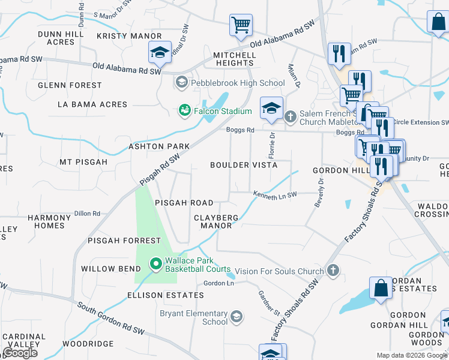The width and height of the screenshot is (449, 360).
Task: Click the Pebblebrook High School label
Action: pyautogui.click(x=238, y=83)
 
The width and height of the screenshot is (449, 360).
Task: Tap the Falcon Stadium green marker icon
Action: pyautogui.click(x=185, y=111)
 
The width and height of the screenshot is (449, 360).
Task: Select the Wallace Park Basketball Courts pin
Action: pyautogui.click(x=155, y=263)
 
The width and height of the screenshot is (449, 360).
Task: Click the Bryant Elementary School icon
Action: pyautogui.click(x=237, y=316)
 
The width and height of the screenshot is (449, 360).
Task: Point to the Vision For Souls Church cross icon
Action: pyautogui.click(x=333, y=271)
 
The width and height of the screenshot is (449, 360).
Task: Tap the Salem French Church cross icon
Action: pyautogui.click(x=291, y=116)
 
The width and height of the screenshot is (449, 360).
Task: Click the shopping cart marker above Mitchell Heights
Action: pyautogui.click(x=241, y=25)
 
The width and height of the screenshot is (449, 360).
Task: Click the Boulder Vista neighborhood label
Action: pyautogui.click(x=244, y=165)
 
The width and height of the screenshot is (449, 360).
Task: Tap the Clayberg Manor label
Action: pyautogui.click(x=216, y=221)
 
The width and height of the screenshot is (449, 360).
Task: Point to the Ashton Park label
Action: pyautogui.click(x=159, y=146)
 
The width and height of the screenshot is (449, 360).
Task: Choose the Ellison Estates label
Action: pyautogui.click(x=165, y=295)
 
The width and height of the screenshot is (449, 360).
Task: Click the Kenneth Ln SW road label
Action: pyautogui.click(x=275, y=195)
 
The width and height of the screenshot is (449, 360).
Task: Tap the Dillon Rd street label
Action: pyautogui.click(x=87, y=213)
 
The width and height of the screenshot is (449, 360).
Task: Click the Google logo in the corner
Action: pyautogui.click(x=20, y=352)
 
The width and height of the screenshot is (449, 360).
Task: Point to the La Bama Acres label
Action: pyautogui.click(x=92, y=104)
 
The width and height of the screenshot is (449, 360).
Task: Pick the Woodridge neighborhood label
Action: pyautogui.click(x=88, y=344)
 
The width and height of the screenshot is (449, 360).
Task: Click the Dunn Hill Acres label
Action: pyautogui.click(x=56, y=38)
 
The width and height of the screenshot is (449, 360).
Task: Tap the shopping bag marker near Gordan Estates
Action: pyautogui.click(x=381, y=289)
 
